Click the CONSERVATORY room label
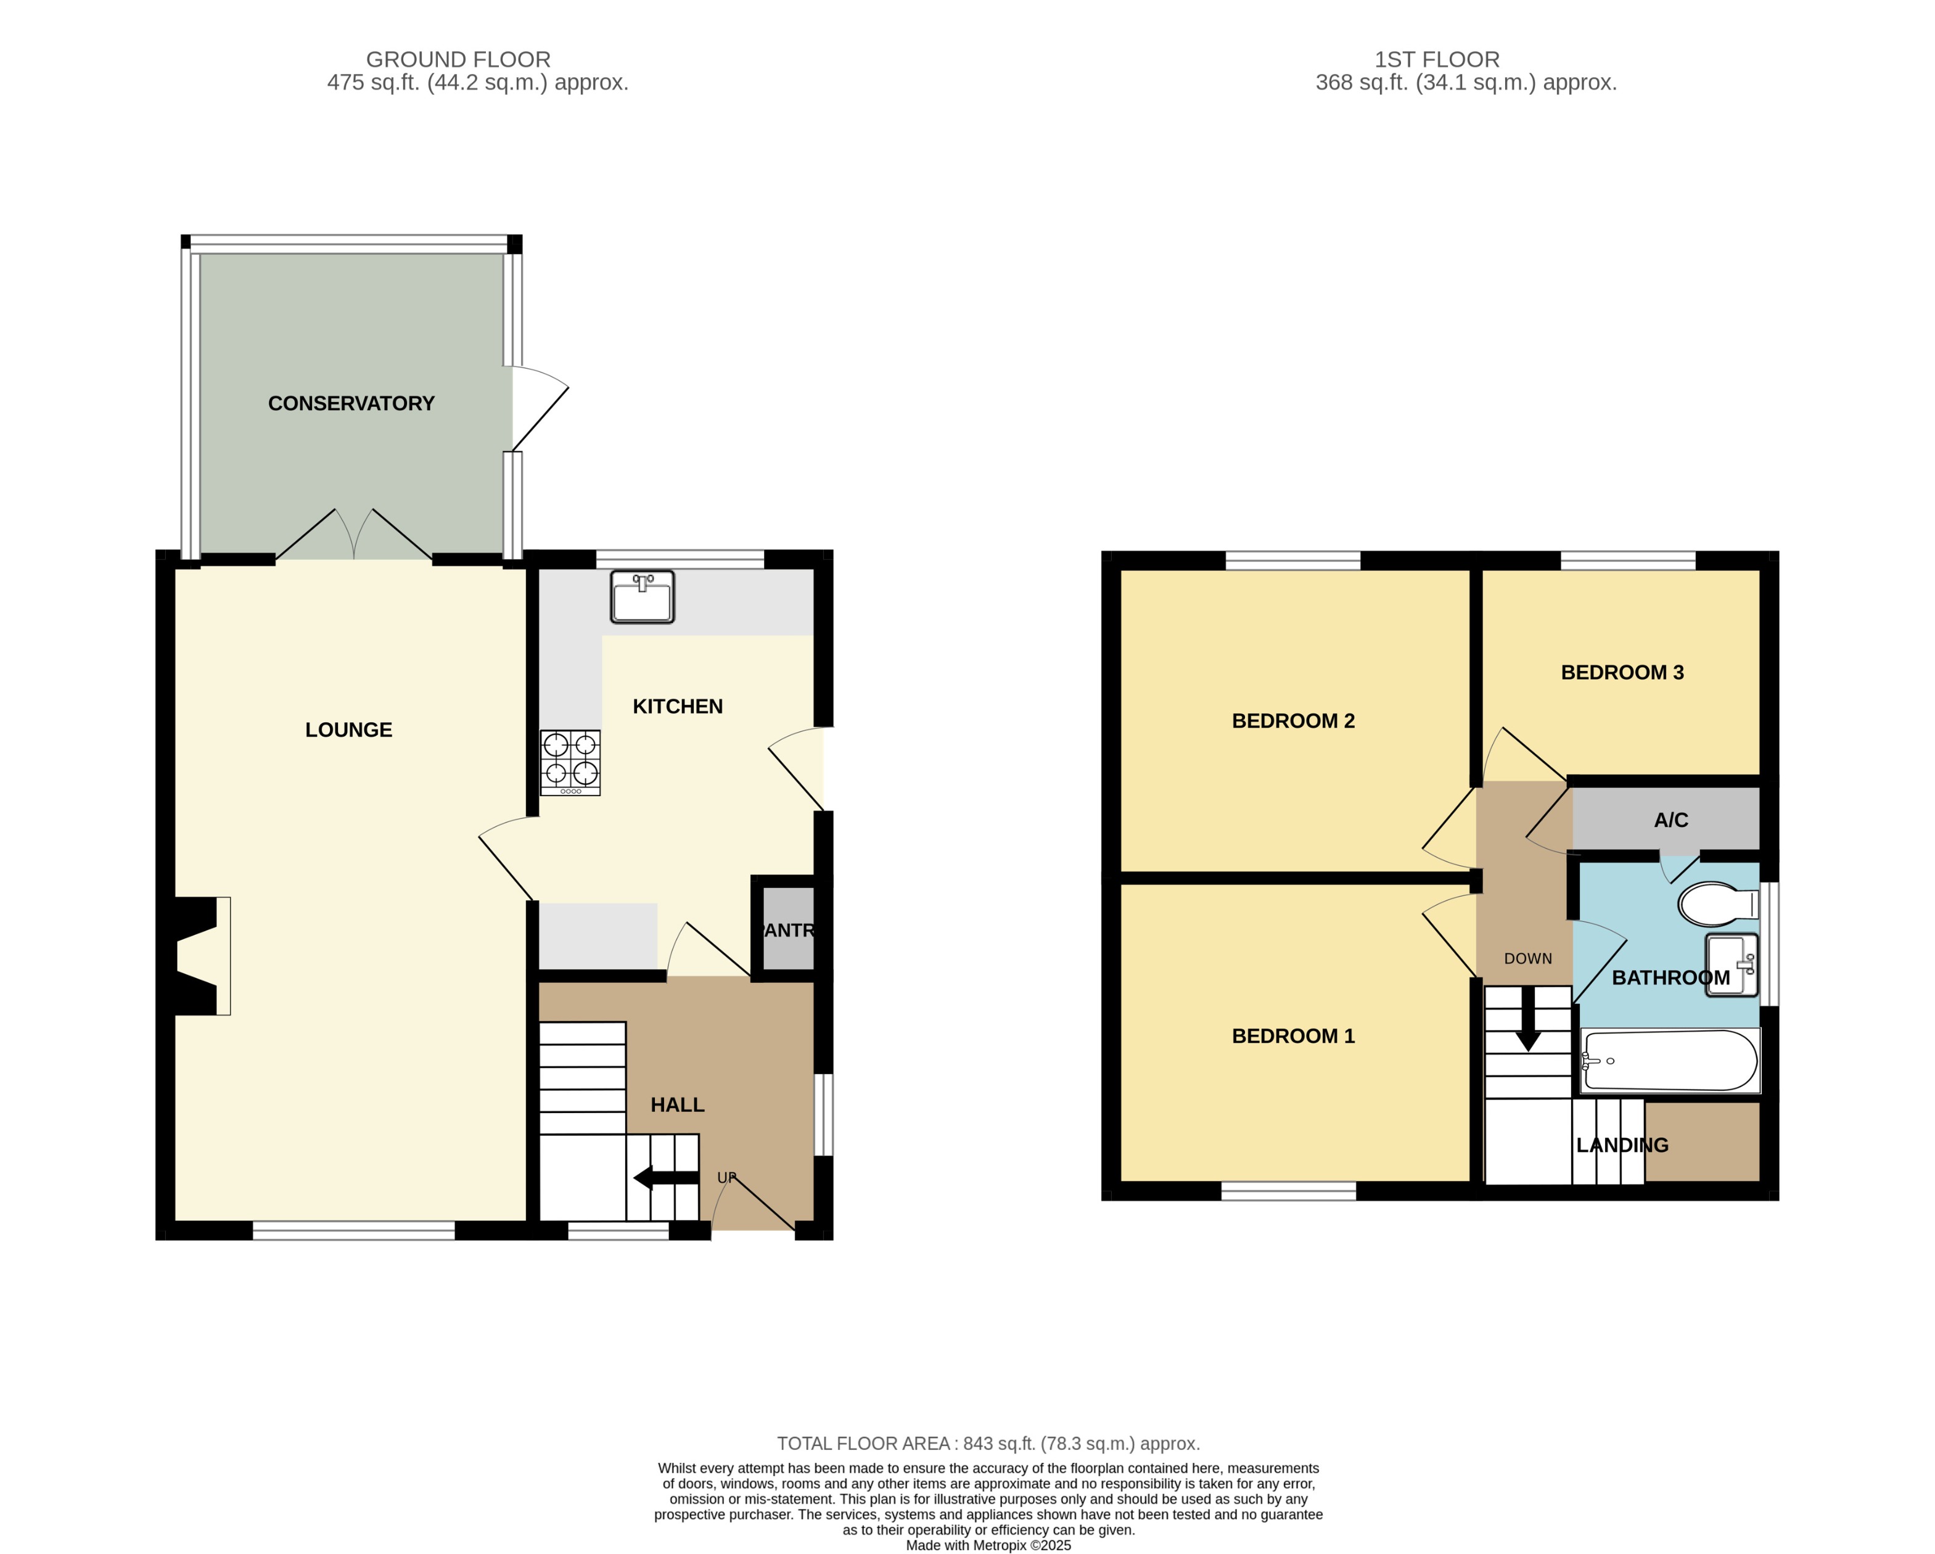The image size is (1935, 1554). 351,404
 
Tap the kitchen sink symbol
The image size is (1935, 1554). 642,597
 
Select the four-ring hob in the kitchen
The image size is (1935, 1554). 570,763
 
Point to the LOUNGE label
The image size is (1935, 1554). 348,730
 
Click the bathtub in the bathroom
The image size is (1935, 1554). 1669,1061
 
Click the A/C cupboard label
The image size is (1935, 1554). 1670,820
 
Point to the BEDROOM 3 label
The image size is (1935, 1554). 1622,672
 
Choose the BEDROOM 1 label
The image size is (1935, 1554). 1292,1036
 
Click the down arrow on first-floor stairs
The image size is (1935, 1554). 1527,1030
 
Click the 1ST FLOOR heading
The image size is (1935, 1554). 1436,59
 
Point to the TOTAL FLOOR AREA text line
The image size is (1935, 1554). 987,1444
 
